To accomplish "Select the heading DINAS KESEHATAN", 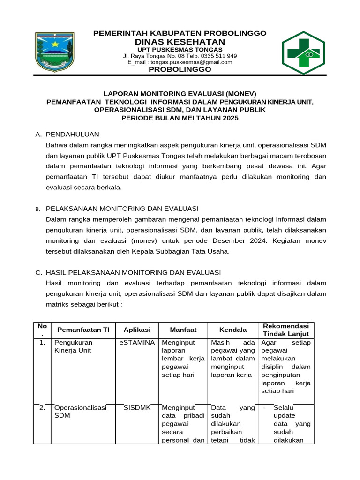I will click(180, 42).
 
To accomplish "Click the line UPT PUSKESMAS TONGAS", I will click(180, 50).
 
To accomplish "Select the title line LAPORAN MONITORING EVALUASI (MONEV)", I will click(180, 93).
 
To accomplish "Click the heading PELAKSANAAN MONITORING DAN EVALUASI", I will click(122, 208).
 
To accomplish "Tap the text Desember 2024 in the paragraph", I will click(235, 240).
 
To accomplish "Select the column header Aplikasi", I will click(137, 330).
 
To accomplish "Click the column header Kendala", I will click(233, 330).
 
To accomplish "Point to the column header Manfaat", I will click(183, 330).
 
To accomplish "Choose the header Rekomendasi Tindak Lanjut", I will click(285, 330).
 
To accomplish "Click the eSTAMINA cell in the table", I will click(137, 343).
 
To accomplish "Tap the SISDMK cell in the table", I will click(137, 408).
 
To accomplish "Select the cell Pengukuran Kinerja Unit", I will click(73, 346).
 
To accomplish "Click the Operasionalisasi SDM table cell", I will click(80, 412).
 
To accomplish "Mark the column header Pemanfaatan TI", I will click(80, 330).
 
